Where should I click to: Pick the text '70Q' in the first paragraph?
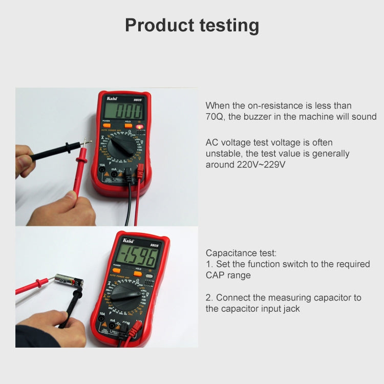pos(215,117)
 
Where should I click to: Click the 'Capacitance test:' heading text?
pos(241,253)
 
